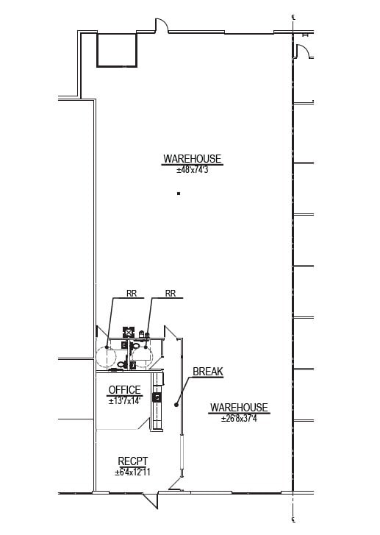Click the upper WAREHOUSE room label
point(192,159)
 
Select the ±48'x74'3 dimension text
point(192,170)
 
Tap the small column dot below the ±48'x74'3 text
point(179,194)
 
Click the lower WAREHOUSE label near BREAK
point(239,408)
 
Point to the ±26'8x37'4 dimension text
point(239,419)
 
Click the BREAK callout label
point(207,372)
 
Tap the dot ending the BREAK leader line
point(176,403)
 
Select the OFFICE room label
point(124,390)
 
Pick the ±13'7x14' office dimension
point(124,401)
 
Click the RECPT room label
point(133,461)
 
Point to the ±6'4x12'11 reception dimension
point(133,472)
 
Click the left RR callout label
point(132,294)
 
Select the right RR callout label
point(171,294)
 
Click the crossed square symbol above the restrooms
point(127,332)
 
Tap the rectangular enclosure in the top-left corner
point(116,50)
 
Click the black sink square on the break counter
point(156,397)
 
